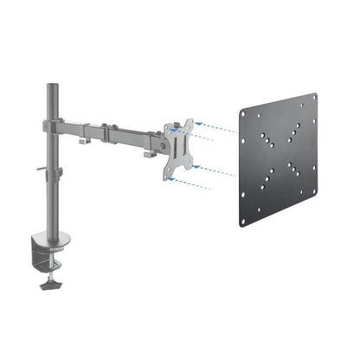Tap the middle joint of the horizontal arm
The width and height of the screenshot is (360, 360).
click(108, 132)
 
